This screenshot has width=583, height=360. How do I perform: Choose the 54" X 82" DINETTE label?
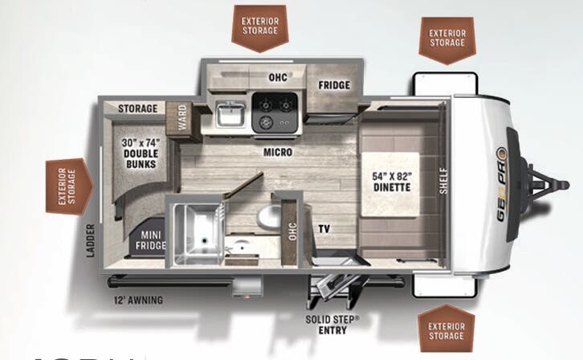tap(391, 182)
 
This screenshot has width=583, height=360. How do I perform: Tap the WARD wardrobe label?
tap(182, 119)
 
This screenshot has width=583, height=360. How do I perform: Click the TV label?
tap(325, 228)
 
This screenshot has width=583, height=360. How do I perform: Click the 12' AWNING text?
tap(138, 301)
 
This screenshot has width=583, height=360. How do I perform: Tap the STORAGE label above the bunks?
tap(137, 108)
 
